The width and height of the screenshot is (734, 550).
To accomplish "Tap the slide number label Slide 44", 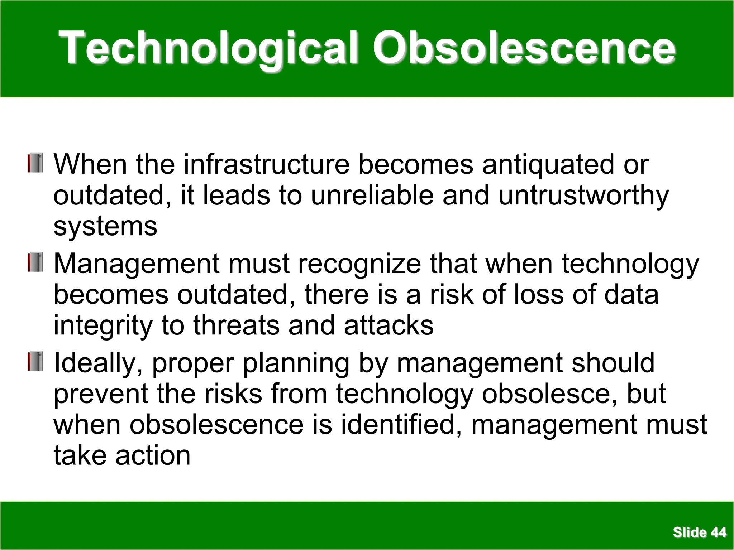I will (699, 532).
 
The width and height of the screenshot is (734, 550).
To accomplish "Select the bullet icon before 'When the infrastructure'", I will (35, 163).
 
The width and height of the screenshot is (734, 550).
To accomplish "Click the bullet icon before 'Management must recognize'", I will (35, 262).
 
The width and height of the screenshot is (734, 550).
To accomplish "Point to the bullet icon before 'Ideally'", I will (35, 361).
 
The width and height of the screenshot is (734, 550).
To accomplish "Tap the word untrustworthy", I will (583, 196).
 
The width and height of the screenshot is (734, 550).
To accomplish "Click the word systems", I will (105, 227).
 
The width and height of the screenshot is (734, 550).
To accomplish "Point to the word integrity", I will (103, 326).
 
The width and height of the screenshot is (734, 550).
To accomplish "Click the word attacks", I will (389, 325).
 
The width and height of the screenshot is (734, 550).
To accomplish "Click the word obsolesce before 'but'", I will (549, 394).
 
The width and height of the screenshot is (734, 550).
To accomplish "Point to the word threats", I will (237, 325).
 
